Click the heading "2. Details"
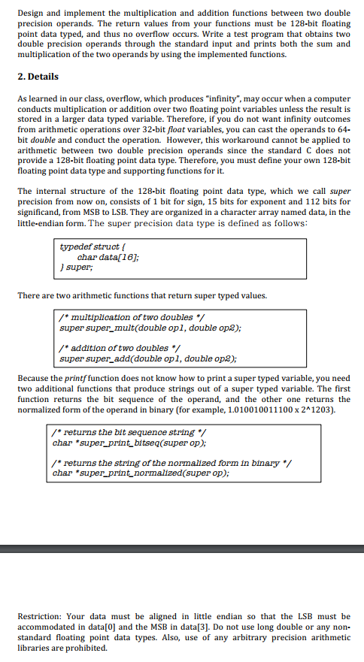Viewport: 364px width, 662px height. pyautogui.click(x=38, y=77)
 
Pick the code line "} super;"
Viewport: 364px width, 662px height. pyautogui.click(x=77, y=268)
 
